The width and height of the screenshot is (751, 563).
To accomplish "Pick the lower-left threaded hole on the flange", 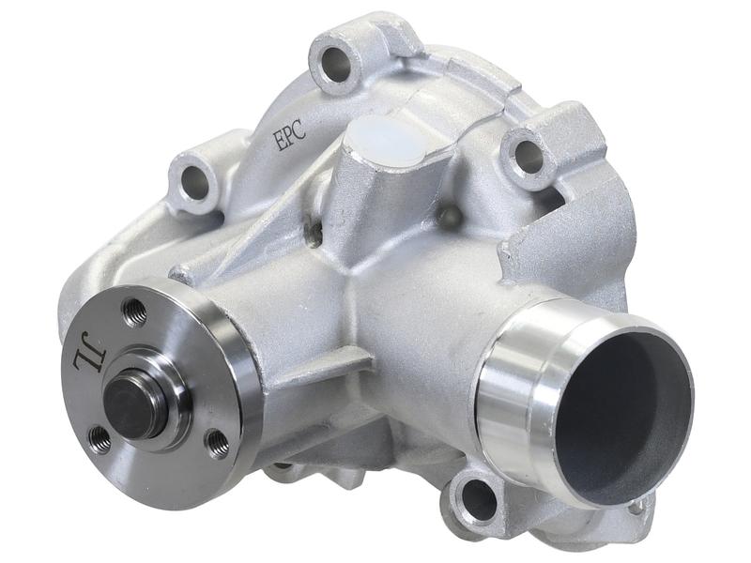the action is [x=100, y=436].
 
